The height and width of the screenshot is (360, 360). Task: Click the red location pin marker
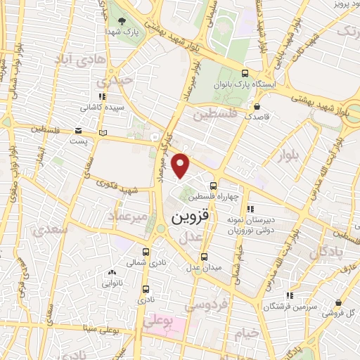tap(181, 165)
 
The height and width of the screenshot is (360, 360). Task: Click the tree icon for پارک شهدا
tap(124, 22)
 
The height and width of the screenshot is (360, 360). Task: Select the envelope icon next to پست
tap(77, 131)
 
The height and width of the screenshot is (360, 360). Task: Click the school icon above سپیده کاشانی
tap(103, 97)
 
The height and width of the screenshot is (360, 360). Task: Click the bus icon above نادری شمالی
tap(146, 251)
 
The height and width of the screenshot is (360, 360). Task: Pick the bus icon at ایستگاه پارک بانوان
tap(245, 72)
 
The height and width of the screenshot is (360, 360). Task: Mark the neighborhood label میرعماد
tap(128, 217)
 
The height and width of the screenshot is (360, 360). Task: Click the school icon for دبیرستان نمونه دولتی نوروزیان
tap(249, 209)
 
